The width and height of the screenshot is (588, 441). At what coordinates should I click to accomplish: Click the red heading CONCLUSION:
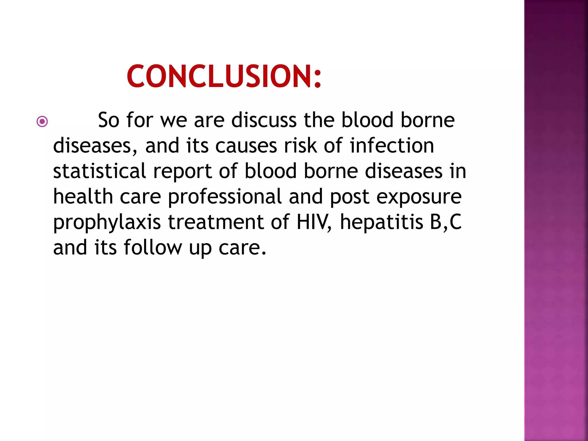click(224, 76)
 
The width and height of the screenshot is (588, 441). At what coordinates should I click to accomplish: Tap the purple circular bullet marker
click(42, 121)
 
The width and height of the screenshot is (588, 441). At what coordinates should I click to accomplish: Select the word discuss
click(264, 120)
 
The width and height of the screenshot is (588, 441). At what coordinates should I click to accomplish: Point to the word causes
click(246, 146)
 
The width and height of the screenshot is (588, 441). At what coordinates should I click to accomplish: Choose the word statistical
click(100, 171)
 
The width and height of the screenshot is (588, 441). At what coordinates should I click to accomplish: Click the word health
click(83, 197)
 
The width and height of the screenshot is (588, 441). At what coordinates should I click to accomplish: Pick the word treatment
click(216, 222)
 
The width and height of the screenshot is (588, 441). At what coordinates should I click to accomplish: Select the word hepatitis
click(382, 222)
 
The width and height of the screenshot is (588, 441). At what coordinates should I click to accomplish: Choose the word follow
click(153, 247)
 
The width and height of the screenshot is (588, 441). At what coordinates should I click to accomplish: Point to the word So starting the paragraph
click(109, 120)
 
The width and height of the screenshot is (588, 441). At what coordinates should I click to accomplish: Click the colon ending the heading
click(318, 78)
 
